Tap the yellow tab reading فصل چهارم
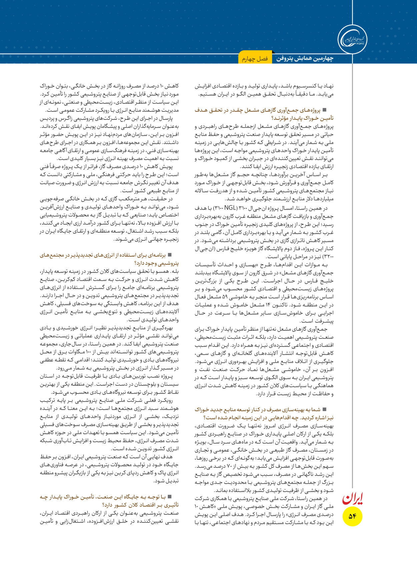click(x=255, y=59)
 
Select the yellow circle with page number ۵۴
click(x=353, y=516)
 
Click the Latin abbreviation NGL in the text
click(x=231, y=208)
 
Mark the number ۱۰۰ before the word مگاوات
click(x=89, y=352)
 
